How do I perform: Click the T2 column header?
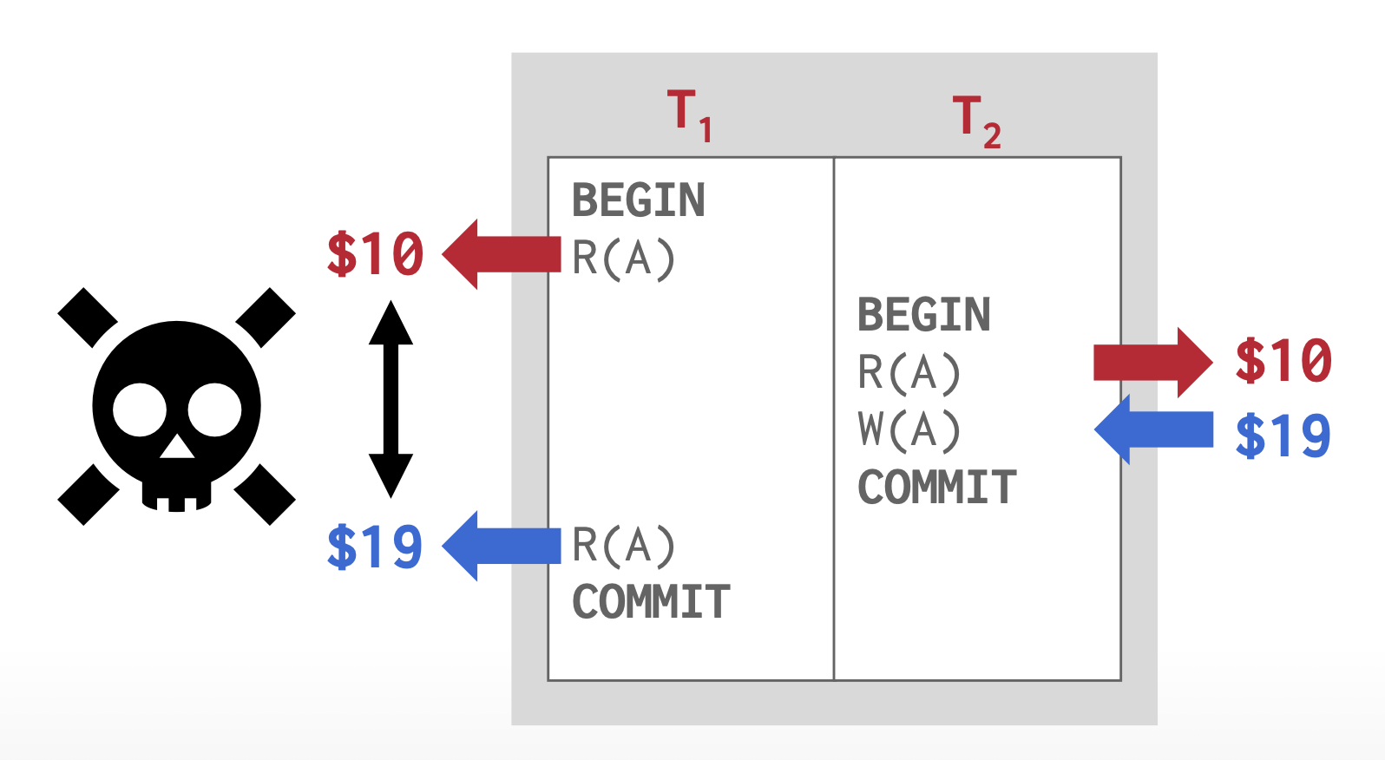click(976, 121)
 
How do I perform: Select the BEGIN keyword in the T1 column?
click(638, 200)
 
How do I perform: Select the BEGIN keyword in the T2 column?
click(923, 315)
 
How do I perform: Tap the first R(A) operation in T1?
click(623, 258)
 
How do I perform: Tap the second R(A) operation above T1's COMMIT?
click(623, 546)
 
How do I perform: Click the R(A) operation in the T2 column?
click(909, 372)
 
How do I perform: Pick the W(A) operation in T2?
click(909, 429)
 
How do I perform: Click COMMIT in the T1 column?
click(651, 602)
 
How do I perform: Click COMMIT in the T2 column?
click(936, 487)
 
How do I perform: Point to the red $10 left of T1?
click(375, 255)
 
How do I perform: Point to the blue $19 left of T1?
click(375, 547)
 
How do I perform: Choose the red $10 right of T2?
click(1283, 361)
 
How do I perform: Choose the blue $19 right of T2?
click(1283, 436)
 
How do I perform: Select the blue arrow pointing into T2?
click(1154, 429)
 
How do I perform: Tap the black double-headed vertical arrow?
click(391, 399)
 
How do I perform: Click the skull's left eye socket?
click(140, 410)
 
